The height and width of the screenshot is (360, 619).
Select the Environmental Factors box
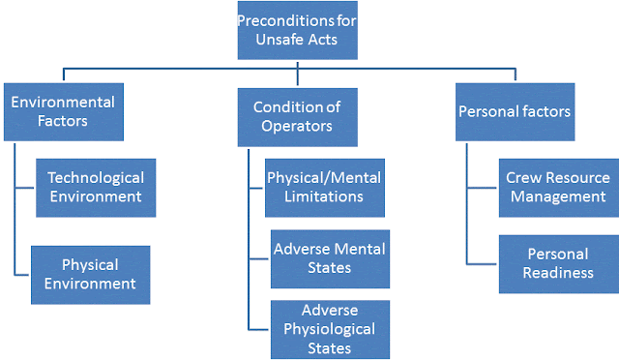click(x=63, y=111)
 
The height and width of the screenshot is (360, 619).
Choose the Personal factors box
click(x=514, y=111)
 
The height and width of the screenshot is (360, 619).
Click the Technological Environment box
click(x=96, y=187)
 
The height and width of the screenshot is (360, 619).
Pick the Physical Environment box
click(x=90, y=274)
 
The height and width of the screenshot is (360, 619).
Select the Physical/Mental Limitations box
click(x=324, y=187)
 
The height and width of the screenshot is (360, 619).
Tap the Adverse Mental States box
click(x=328, y=257)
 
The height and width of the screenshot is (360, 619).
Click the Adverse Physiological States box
click(x=330, y=329)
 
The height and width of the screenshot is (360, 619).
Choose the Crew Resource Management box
click(x=558, y=187)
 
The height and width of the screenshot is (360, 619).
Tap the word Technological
click(x=96, y=178)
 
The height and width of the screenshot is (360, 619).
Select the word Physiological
click(x=330, y=329)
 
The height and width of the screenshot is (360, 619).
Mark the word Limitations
click(x=324, y=196)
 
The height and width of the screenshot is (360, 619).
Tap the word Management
click(x=558, y=196)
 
